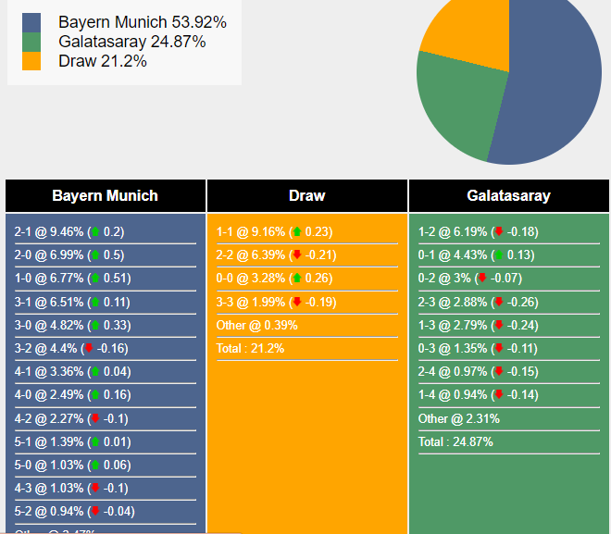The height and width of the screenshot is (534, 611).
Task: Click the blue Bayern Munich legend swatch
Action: click(31, 22)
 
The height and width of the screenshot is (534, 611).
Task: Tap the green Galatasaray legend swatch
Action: click(31, 42)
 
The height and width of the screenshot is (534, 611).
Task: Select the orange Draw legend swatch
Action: click(31, 61)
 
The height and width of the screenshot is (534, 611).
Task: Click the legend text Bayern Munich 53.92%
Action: click(142, 22)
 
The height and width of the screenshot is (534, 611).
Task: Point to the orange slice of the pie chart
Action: click(468, 32)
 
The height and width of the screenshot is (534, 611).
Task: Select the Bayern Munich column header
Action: click(105, 196)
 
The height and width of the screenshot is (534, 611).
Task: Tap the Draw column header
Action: click(306, 196)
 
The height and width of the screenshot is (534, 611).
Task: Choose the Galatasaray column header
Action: click(508, 196)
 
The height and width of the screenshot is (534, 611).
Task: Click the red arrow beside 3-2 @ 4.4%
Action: click(89, 349)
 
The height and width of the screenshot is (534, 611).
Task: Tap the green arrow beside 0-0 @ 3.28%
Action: click(296, 279)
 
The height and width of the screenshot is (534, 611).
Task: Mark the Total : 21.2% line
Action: click(250, 349)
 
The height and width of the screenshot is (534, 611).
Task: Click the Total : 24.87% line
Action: click(455, 442)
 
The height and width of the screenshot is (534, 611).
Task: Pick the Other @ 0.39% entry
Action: click(257, 326)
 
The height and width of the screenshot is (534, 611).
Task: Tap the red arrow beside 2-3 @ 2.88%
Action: click(498, 303)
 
